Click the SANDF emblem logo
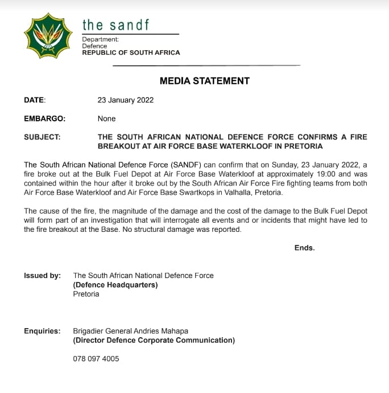tap(48, 35)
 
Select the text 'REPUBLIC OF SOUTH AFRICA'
tap(131, 52)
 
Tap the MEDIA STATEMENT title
tap(204, 81)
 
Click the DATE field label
tap(34, 100)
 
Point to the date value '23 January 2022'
tap(126, 100)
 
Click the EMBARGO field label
tap(44, 118)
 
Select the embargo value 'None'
tap(106, 118)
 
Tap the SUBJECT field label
tap(42, 137)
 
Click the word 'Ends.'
tap(304, 248)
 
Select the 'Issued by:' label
tap(42, 275)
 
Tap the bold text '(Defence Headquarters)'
tap(115, 285)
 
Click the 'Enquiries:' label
tap(42, 331)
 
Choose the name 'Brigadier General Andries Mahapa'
tap(131, 331)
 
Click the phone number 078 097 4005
tap(96, 359)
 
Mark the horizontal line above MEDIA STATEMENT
tap(206, 66)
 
